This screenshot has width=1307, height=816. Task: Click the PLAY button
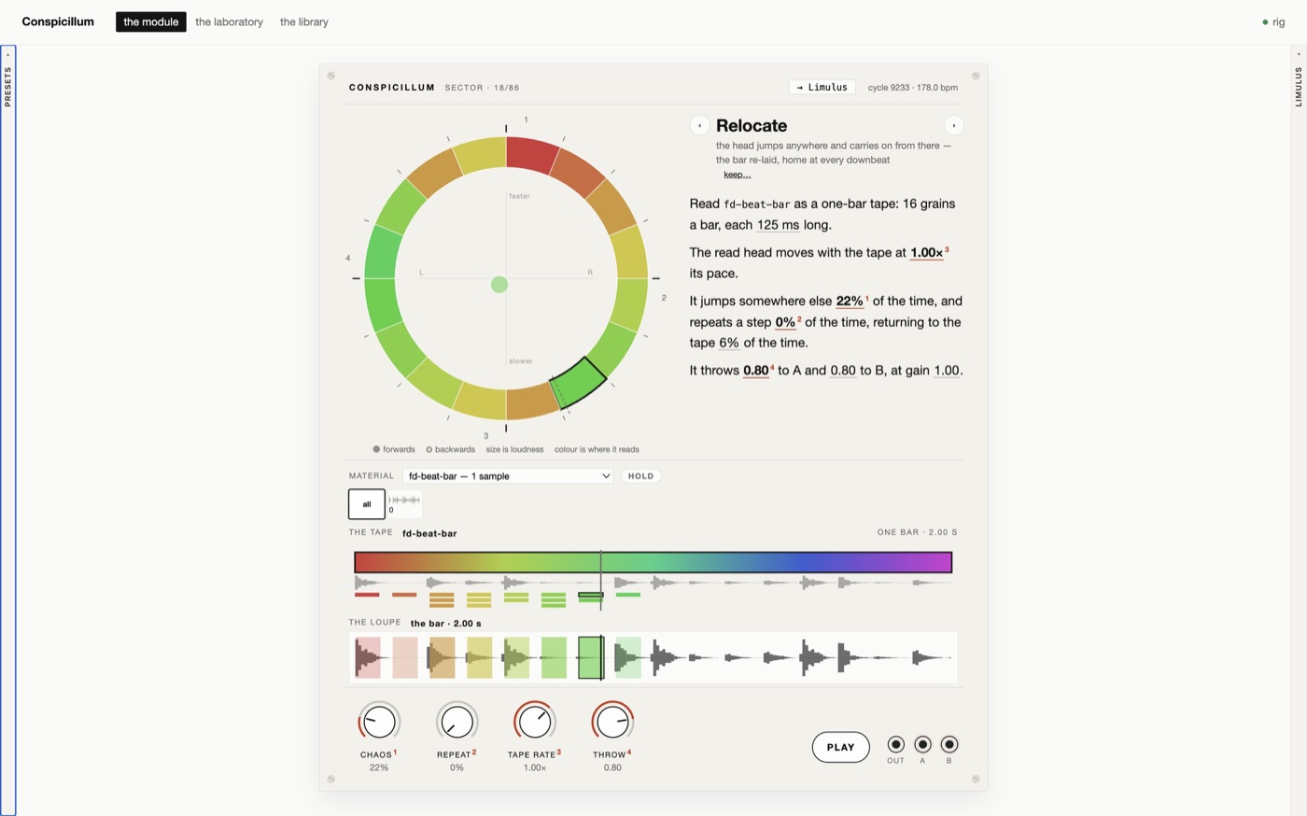coord(840,747)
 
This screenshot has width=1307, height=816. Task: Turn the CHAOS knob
coord(379,722)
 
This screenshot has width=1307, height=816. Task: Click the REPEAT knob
coord(457,722)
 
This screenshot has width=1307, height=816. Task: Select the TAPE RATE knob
coord(534,722)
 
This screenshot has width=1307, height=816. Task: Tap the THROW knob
coord(612,722)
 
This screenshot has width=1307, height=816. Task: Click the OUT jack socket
coord(895,744)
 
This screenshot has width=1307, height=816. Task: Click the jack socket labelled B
coord(949,744)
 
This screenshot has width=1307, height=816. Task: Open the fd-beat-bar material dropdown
coord(507,476)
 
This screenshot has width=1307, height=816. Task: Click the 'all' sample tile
coord(366,504)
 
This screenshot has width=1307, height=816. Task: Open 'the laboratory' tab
coord(229,21)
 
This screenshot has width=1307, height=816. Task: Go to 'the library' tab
coord(304,21)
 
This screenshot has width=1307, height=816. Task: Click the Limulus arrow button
coord(822,87)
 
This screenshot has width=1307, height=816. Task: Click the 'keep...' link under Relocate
coord(737,175)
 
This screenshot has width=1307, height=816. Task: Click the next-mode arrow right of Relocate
coord(953,125)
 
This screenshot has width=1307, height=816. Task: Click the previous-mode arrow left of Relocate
coord(699,125)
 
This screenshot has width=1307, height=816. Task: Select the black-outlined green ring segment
coord(578,382)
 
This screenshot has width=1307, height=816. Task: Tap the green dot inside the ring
coord(499,285)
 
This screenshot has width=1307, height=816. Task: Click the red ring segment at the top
coord(531,155)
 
